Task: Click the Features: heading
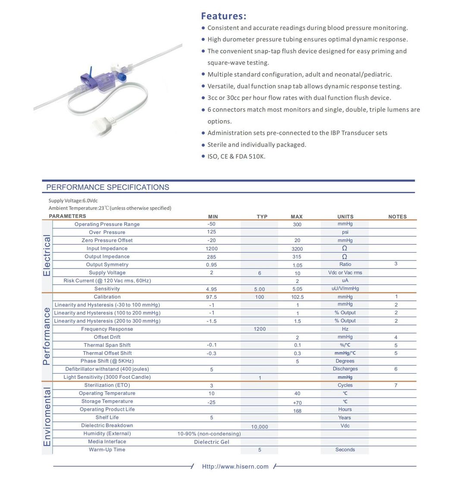point(223,16)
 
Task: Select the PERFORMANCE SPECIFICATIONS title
point(107,187)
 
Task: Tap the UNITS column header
point(345,217)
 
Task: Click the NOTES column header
point(397,217)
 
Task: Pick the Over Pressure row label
point(107,232)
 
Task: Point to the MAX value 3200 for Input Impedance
point(297,249)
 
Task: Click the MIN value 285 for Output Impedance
point(211,257)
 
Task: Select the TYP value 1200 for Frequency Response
point(260,329)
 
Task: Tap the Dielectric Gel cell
point(211,442)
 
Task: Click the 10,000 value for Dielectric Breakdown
point(259,427)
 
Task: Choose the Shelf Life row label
point(107,418)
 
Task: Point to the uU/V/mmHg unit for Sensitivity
point(345,289)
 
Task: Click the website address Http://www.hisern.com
point(235,466)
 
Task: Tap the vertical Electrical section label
point(47,256)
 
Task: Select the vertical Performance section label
point(47,336)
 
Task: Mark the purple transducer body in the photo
point(99,80)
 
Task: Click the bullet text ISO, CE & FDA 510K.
point(236,156)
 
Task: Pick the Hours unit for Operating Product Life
point(345,409)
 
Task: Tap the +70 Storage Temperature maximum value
point(297,403)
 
